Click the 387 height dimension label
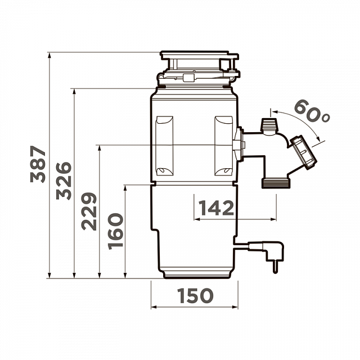click(x=38, y=164)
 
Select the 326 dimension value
click(x=64, y=181)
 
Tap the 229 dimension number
click(x=89, y=211)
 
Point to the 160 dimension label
click(x=115, y=231)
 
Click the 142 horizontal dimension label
click(x=216, y=208)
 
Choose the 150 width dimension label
click(x=195, y=295)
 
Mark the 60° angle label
click(x=312, y=111)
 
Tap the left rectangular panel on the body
click(x=164, y=146)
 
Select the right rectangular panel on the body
click(x=224, y=146)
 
